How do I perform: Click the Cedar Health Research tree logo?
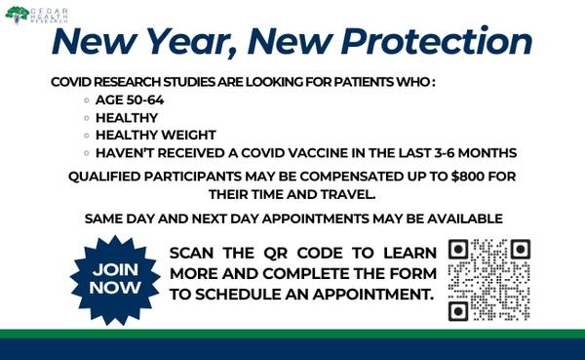coord(16,14)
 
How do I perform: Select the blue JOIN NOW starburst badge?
coord(115,278)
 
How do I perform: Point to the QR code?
coord(488,280)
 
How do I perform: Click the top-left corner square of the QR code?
coord(458,250)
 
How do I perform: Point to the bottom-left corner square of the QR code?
coord(458,311)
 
